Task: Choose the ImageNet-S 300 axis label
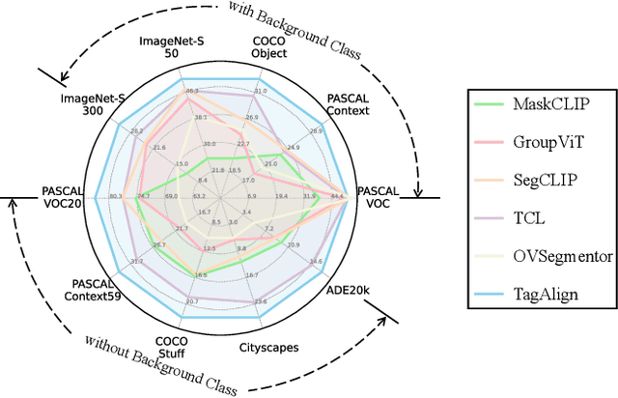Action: [x=94, y=104]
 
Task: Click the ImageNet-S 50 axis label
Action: [x=173, y=47]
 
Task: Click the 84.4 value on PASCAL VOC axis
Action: [x=336, y=197]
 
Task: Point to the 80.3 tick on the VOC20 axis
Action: [x=116, y=197]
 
